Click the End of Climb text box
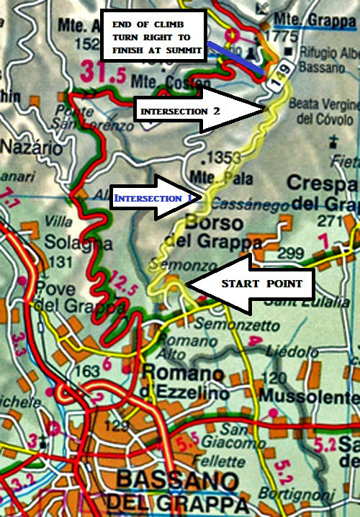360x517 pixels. pos(154,35)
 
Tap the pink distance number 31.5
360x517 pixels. pos(102,72)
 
